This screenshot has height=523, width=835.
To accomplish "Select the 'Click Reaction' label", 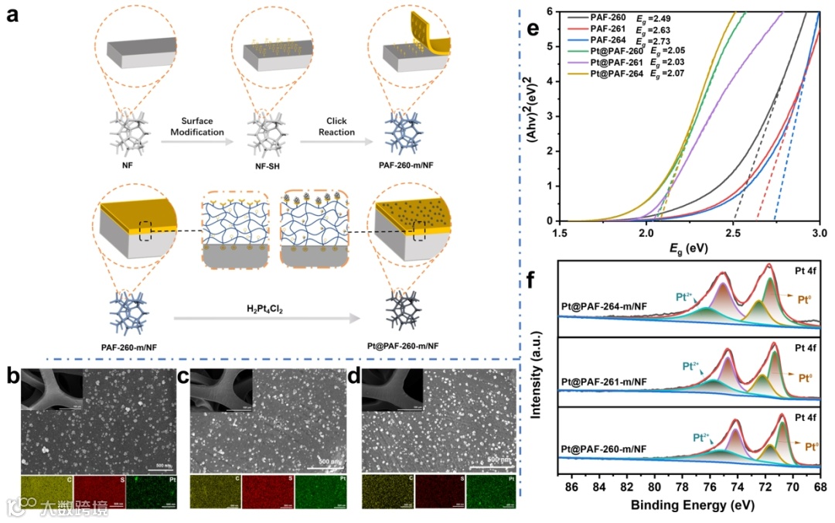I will pyautogui.click(x=337, y=127).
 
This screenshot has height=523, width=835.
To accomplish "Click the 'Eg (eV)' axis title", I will pyautogui.click(x=689, y=249).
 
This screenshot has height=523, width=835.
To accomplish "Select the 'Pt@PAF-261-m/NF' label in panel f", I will pyautogui.click(x=605, y=381).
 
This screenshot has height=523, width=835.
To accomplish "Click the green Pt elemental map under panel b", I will pyautogui.click(x=151, y=493).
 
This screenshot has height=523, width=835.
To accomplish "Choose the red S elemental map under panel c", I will pyautogui.click(x=267, y=493).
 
